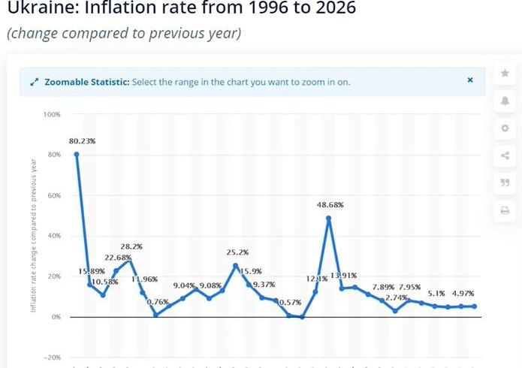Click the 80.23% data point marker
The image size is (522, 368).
(77, 154)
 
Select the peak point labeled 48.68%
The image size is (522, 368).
(329, 219)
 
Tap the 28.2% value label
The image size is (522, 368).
(132, 246)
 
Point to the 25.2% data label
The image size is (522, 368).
(238, 252)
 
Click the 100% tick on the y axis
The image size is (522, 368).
(53, 114)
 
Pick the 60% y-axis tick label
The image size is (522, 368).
(54, 195)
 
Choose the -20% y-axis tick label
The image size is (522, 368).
(53, 357)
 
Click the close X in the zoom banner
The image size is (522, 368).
(470, 80)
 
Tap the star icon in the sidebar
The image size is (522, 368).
(505, 74)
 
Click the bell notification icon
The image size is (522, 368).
(505, 101)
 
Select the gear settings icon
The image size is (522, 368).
(505, 128)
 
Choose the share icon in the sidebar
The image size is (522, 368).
(505, 156)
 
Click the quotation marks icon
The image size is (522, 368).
(505, 183)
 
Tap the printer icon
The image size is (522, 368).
(505, 211)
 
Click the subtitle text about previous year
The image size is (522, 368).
(124, 33)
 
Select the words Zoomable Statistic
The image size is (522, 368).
(86, 81)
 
